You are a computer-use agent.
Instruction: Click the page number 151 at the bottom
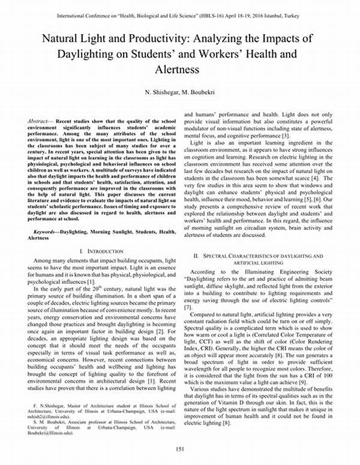[179, 450]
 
